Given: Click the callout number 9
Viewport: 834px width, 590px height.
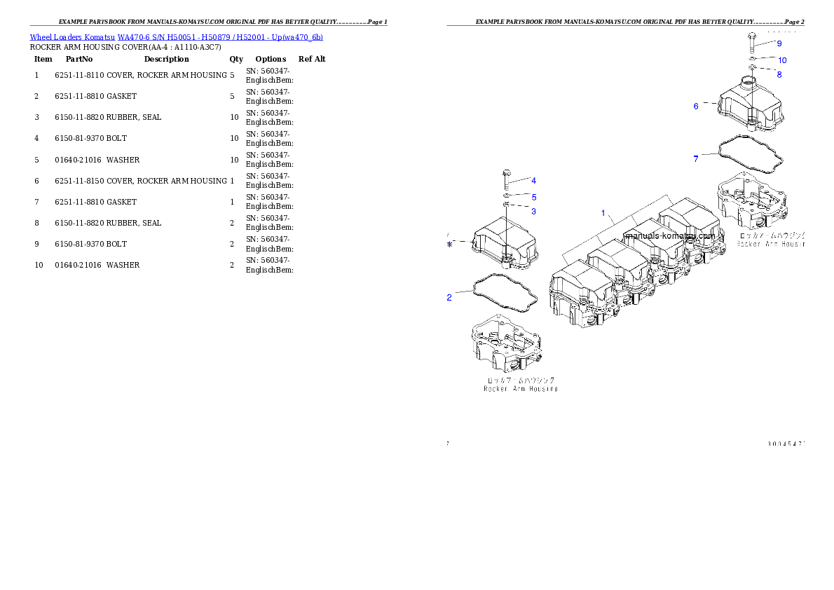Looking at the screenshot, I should point(779,43).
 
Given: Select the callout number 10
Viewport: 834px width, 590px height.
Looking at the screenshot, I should point(782,60).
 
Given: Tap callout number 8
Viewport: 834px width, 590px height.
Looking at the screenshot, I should point(779,74).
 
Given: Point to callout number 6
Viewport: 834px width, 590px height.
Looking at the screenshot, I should point(696,107).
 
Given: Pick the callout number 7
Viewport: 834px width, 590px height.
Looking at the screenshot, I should point(696,159).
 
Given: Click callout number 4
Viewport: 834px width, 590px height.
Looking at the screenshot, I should point(533,181).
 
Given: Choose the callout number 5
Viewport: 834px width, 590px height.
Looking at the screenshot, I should point(533,198).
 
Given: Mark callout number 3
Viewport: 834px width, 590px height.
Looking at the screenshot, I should point(533,211).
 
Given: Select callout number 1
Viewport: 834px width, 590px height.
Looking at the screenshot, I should point(603,212).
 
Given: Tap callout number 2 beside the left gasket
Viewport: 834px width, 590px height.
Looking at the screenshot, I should point(449,297).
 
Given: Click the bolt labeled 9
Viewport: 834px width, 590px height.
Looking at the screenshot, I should point(751,41).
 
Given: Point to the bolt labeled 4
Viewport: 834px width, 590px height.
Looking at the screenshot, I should point(506,178).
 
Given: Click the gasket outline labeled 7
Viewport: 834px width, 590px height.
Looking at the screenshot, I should point(750,153).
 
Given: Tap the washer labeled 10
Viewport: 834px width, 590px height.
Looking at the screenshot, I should point(751,58).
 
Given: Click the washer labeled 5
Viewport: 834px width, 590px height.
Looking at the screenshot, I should point(506,195).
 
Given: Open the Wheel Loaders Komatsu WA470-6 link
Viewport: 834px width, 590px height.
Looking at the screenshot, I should point(176,37).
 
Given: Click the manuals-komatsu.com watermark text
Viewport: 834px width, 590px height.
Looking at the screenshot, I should point(670,236).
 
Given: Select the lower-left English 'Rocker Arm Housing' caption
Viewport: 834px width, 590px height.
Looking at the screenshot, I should point(521,388).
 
